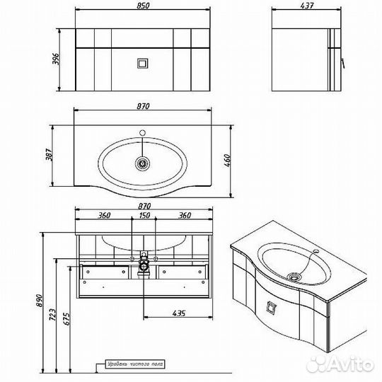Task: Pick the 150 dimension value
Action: tap(144, 216)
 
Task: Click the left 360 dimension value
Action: tap(104, 216)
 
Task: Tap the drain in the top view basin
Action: tap(144, 163)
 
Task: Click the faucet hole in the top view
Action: tap(144, 132)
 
